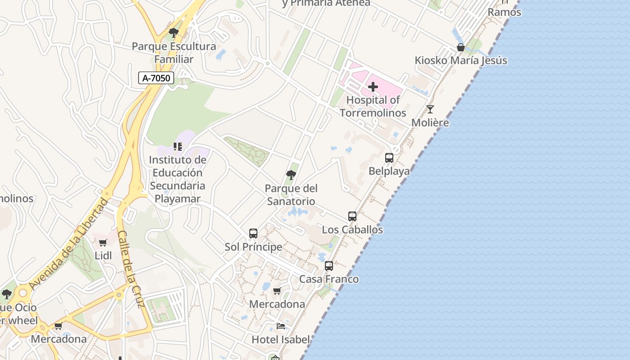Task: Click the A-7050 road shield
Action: tap(156, 78)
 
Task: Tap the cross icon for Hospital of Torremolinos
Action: tap(373, 86)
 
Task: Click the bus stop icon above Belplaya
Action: tap(389, 158)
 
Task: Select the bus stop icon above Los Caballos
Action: tap(352, 216)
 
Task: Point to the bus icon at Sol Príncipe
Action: tap(253, 234)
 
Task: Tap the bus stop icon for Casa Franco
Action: tap(329, 266)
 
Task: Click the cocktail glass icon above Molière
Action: tap(430, 109)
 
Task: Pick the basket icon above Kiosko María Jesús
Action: tap(461, 47)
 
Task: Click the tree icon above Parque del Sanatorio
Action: tap(291, 175)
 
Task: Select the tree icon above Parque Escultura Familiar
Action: tap(174, 33)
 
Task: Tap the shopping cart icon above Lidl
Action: tap(103, 243)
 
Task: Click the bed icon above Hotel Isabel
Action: tap(281, 326)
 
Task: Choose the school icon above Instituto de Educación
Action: tap(178, 147)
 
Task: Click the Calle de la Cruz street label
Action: tap(130, 269)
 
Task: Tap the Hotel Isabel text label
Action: tap(280, 339)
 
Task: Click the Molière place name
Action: tap(430, 122)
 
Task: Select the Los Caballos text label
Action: tap(352, 229)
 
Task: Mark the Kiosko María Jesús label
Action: tap(461, 60)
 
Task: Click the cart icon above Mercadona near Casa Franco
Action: tap(277, 291)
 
